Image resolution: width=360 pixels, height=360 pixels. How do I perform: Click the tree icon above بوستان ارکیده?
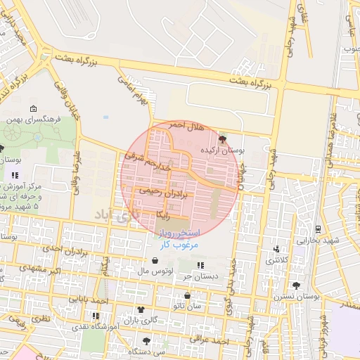[x=224, y=139]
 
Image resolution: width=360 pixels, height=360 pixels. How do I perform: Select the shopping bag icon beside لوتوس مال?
[x=154, y=261]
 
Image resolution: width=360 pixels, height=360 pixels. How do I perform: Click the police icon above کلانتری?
[x=276, y=249]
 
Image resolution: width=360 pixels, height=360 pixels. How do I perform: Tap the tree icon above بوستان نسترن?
[x=296, y=286]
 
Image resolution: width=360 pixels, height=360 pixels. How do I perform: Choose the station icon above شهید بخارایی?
[x=317, y=229]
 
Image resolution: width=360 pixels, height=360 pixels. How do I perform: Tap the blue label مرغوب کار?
[x=180, y=244]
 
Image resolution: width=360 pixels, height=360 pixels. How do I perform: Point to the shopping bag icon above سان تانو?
[x=187, y=296]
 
